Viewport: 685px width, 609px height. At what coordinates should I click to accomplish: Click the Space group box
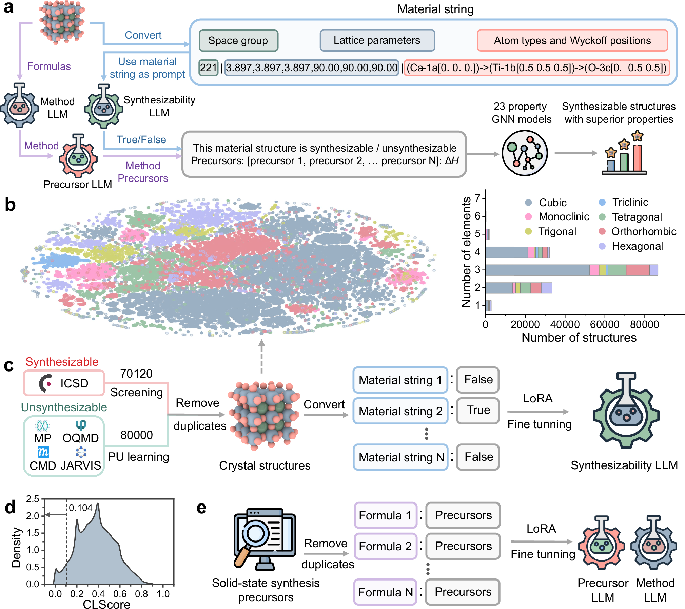click(238, 41)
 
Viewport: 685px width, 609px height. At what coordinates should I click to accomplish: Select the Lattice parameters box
click(377, 40)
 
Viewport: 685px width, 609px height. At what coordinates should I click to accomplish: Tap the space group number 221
click(208, 68)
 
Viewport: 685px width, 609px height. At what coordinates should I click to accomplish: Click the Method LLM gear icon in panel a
click(20, 106)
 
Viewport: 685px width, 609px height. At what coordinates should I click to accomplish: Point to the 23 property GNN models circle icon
click(524, 153)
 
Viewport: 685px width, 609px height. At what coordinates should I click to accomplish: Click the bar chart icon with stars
click(624, 154)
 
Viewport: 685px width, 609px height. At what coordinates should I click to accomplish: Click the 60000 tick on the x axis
click(605, 324)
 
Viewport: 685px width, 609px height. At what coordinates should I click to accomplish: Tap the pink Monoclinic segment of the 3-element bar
click(594, 270)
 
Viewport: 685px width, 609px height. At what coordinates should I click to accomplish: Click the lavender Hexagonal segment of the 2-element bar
click(546, 288)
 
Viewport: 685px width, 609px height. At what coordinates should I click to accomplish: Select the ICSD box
click(64, 383)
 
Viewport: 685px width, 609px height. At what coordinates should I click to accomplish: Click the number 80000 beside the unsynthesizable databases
click(137, 435)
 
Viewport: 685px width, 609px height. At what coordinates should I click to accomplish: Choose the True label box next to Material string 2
click(478, 411)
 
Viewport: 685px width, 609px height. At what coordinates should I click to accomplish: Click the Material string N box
click(400, 457)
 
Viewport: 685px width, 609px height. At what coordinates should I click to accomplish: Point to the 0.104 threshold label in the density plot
click(81, 508)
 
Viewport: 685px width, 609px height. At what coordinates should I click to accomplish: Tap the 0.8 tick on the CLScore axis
click(141, 594)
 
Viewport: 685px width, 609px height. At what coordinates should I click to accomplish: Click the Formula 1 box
click(385, 515)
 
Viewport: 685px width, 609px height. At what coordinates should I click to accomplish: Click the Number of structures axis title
click(579, 338)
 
